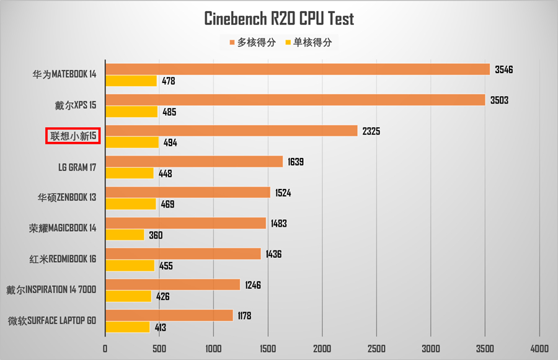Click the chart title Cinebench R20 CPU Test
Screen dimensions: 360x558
[x=279, y=19]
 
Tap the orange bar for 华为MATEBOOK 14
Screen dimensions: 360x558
[x=298, y=69]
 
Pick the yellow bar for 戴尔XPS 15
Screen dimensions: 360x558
[x=131, y=112]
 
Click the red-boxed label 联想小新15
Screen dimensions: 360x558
[x=73, y=136]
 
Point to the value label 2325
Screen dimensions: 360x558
[x=372, y=131]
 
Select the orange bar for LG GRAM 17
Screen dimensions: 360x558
[x=194, y=162]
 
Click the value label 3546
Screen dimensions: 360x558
[x=504, y=69]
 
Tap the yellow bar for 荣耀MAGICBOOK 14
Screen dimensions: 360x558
[x=125, y=235]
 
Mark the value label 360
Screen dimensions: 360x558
[x=156, y=235]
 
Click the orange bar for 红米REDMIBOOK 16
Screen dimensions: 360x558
[x=183, y=253]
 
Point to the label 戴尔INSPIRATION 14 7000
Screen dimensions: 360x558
[x=51, y=290]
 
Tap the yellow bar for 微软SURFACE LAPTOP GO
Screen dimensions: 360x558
[x=128, y=327]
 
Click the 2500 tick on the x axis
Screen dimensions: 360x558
[x=376, y=348]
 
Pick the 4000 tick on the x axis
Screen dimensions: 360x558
[x=539, y=348]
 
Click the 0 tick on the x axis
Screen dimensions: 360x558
[x=105, y=348]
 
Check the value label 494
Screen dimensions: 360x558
[x=170, y=143]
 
